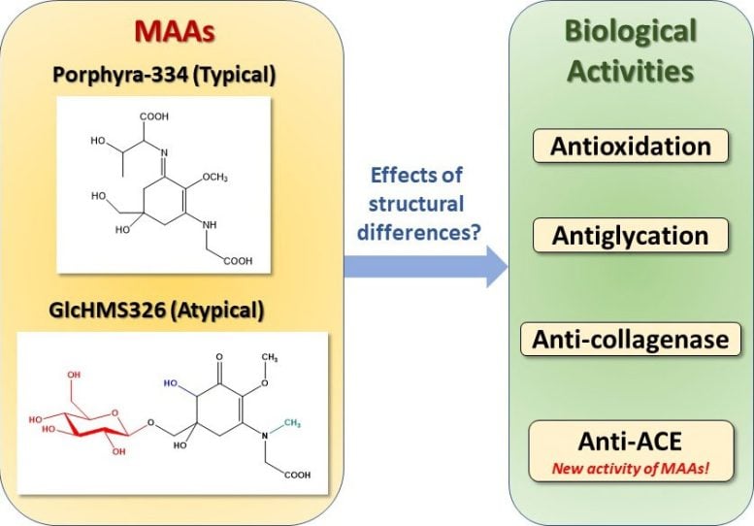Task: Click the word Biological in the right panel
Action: point(632,31)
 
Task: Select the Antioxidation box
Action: point(631,146)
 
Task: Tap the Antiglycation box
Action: point(631,235)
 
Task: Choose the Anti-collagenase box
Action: point(631,340)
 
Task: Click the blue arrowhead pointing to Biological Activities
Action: point(495,266)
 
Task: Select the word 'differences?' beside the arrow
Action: point(418,230)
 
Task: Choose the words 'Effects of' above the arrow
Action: point(418,177)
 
